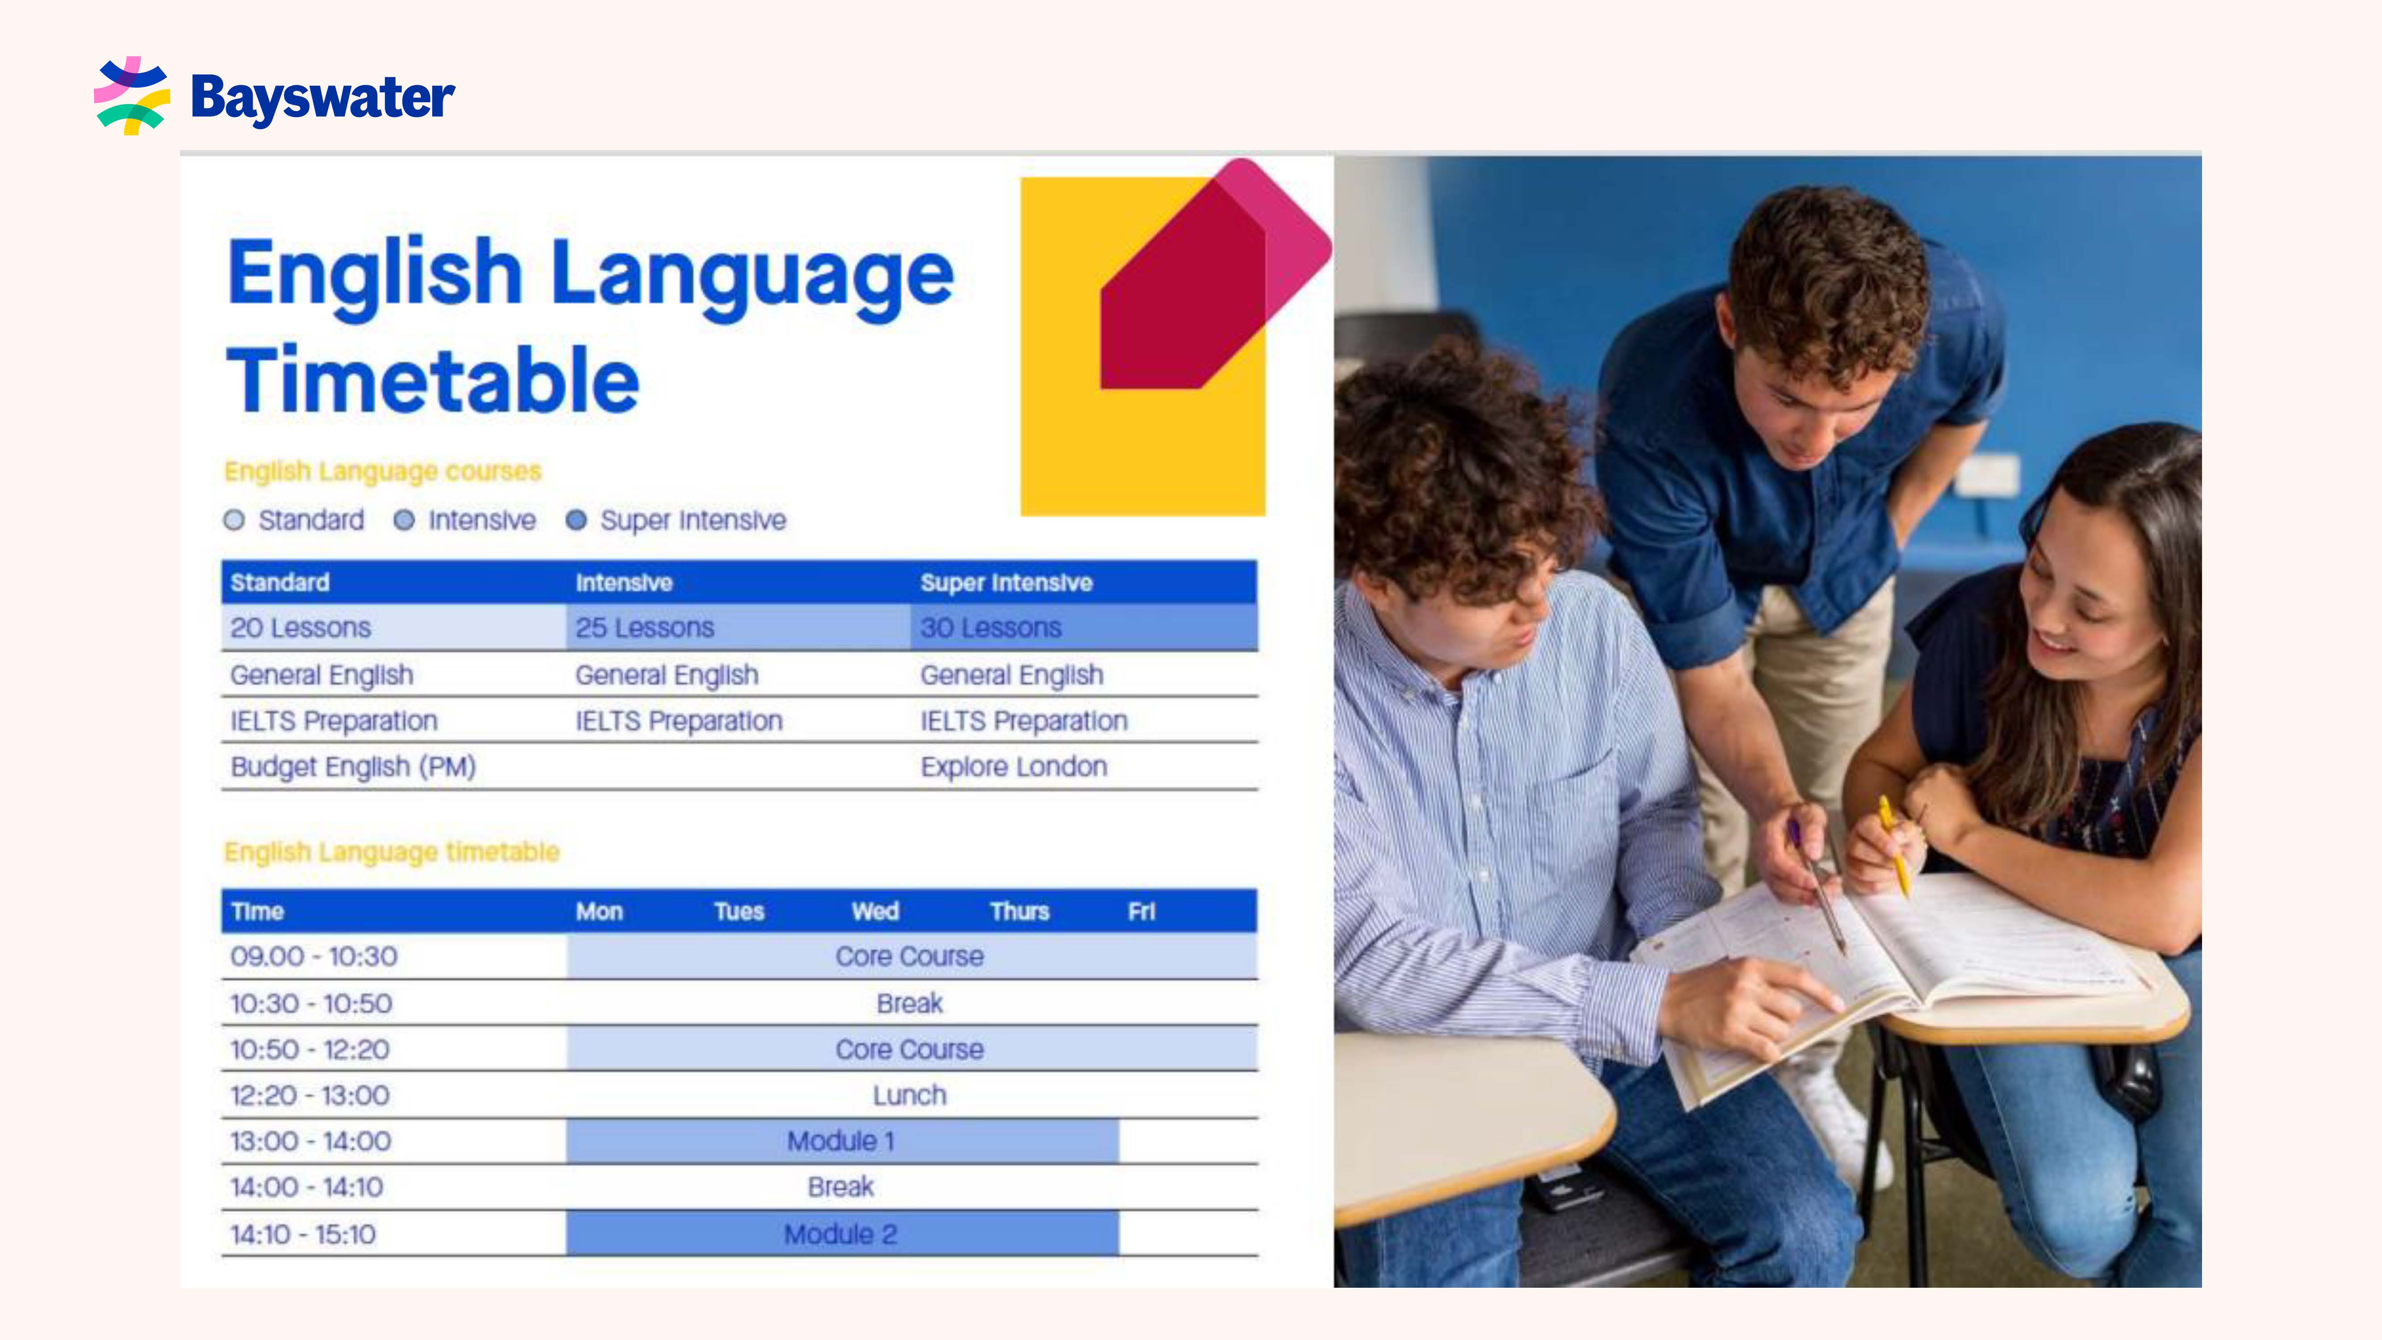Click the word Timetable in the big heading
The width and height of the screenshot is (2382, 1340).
tap(433, 380)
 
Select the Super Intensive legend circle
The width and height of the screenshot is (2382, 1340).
tap(576, 521)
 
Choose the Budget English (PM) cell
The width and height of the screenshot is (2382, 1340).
tap(353, 766)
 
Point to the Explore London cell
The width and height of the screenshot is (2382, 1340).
tap(1013, 766)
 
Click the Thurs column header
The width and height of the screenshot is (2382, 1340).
tap(1019, 912)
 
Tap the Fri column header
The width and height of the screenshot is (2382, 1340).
tap(1141, 912)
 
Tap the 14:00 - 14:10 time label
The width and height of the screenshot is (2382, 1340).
tap(306, 1187)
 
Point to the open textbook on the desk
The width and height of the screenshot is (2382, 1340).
tap(1886, 971)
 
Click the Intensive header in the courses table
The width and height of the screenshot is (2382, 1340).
tap(624, 582)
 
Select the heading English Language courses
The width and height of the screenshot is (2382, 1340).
tap(383, 472)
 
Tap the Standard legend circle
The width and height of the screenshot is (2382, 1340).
tap(234, 521)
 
